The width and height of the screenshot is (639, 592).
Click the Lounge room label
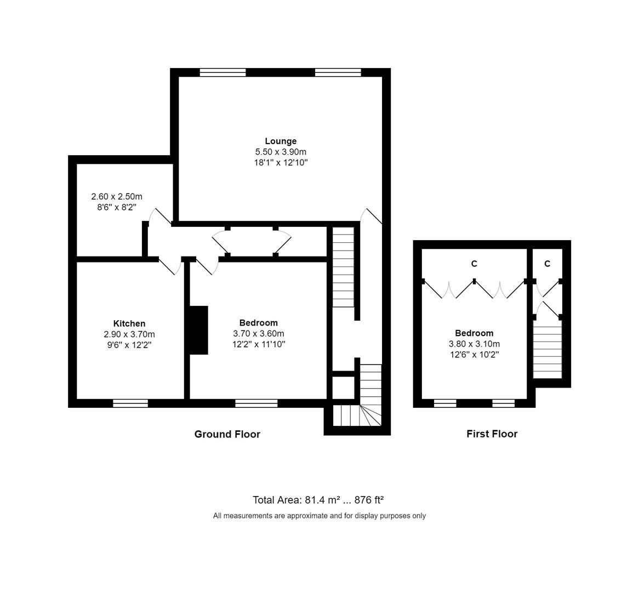(281, 141)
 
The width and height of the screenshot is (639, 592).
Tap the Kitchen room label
(129, 324)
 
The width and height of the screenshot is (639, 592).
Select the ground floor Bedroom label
(258, 323)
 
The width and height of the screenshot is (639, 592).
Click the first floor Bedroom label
(474, 333)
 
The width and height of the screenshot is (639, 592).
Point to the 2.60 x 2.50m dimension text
(117, 197)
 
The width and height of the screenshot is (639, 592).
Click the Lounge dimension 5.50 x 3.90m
(281, 152)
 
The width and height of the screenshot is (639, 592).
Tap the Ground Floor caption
(227, 434)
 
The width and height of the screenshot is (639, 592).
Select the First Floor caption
(492, 434)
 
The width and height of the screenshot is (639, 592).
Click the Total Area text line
(318, 500)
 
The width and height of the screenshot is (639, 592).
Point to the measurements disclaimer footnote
(319, 516)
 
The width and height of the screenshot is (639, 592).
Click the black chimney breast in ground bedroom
(198, 330)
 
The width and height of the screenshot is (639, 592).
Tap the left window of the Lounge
(222, 72)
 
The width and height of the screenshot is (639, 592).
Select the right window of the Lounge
(338, 72)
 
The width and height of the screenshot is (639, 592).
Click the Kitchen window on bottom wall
(130, 403)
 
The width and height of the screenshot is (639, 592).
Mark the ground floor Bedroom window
(256, 403)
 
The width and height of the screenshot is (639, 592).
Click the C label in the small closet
(547, 264)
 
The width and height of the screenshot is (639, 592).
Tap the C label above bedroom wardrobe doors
(474, 264)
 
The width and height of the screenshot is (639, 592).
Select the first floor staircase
(547, 349)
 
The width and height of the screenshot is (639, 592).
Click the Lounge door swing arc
(373, 216)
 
